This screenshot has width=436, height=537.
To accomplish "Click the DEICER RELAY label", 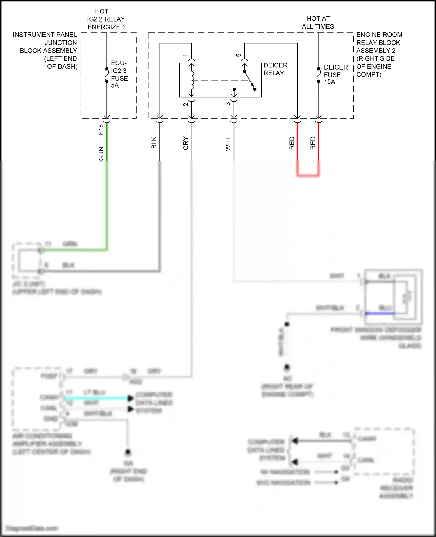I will pyautogui.click(x=275, y=69).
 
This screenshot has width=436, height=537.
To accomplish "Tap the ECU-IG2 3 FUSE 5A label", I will pyautogui.click(x=119, y=74).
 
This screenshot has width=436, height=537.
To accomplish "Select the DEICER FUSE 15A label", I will pyautogui.click(x=335, y=74).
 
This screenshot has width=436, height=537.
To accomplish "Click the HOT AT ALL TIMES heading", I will pyautogui.click(x=318, y=23).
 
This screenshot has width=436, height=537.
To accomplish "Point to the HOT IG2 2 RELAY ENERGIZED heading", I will pyautogui.click(x=106, y=19).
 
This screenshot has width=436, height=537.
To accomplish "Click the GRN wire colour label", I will pyautogui.click(x=101, y=154).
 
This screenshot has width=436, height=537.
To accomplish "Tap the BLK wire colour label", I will pyautogui.click(x=154, y=143).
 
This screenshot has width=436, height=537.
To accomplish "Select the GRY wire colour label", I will pyautogui.click(x=186, y=143).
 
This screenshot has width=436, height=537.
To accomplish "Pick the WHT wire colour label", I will pyautogui.click(x=228, y=144).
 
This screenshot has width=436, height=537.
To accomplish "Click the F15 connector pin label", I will pyautogui.click(x=101, y=129).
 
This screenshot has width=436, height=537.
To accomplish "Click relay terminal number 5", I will pyautogui.click(x=239, y=55).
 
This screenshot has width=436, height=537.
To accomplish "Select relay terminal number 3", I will pyautogui.click(x=228, y=104).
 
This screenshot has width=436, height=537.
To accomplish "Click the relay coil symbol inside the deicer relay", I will pyautogui.click(x=192, y=80).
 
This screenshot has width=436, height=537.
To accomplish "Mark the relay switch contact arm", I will pyautogui.click(x=249, y=80).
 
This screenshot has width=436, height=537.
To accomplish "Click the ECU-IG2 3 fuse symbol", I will pyautogui.click(x=107, y=75).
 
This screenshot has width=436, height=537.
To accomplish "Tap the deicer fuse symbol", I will pyautogui.click(x=319, y=75).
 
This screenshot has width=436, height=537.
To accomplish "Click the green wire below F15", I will pyautogui.click(x=107, y=143).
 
